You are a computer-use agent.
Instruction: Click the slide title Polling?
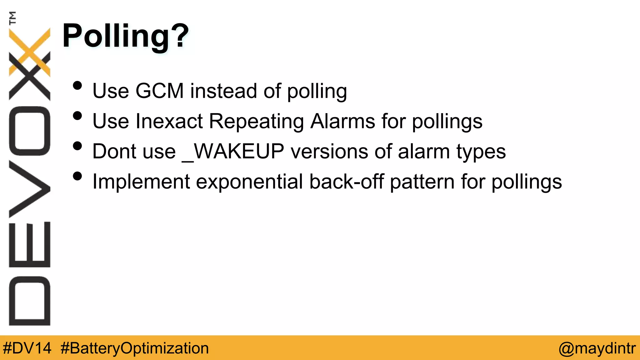pyautogui.click(x=126, y=36)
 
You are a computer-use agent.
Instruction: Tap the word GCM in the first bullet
pyautogui.click(x=159, y=91)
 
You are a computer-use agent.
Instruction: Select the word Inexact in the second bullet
pyautogui.click(x=169, y=121)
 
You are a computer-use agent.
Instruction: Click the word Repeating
pyautogui.click(x=256, y=121)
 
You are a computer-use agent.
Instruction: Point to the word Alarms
pyautogui.click(x=342, y=121)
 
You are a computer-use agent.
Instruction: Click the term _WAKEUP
pyautogui.click(x=233, y=152)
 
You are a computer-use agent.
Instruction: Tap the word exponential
pyautogui.click(x=249, y=182)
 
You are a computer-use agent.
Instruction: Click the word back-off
pyautogui.click(x=346, y=182)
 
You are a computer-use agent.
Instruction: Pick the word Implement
pyautogui.click(x=141, y=182)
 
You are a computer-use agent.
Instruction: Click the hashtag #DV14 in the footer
pyautogui.click(x=27, y=348)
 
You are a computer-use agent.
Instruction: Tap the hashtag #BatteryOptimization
pyautogui.click(x=135, y=348)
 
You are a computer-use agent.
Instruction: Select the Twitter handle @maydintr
pyautogui.click(x=597, y=348)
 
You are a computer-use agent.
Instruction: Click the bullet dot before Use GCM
pyautogui.click(x=77, y=86)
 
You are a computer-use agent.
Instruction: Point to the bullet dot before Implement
pyautogui.click(x=77, y=176)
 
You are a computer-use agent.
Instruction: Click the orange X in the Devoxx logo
pyautogui.click(x=30, y=52)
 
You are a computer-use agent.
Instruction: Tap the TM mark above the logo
pyautogui.click(x=12, y=18)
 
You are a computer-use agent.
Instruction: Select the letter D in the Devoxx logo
pyautogui.click(x=30, y=301)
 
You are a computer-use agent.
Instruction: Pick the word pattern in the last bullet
pyautogui.click(x=422, y=182)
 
